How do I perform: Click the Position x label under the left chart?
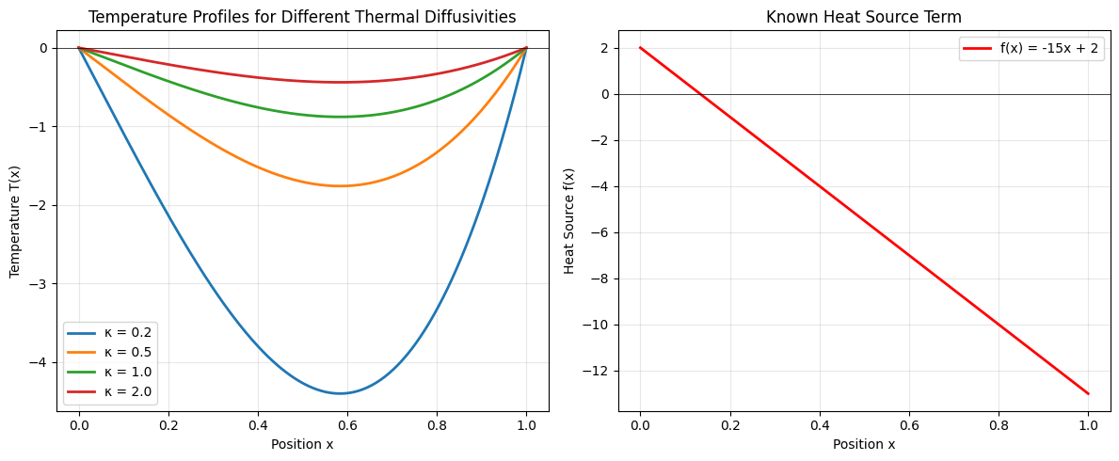[x=302, y=444]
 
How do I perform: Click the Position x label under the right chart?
[x=863, y=444]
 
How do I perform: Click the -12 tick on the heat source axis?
[x=600, y=371]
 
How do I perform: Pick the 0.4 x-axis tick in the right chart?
[x=819, y=424]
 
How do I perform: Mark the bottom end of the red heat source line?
[x=1088, y=393]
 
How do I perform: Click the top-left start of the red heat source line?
[x=640, y=48]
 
